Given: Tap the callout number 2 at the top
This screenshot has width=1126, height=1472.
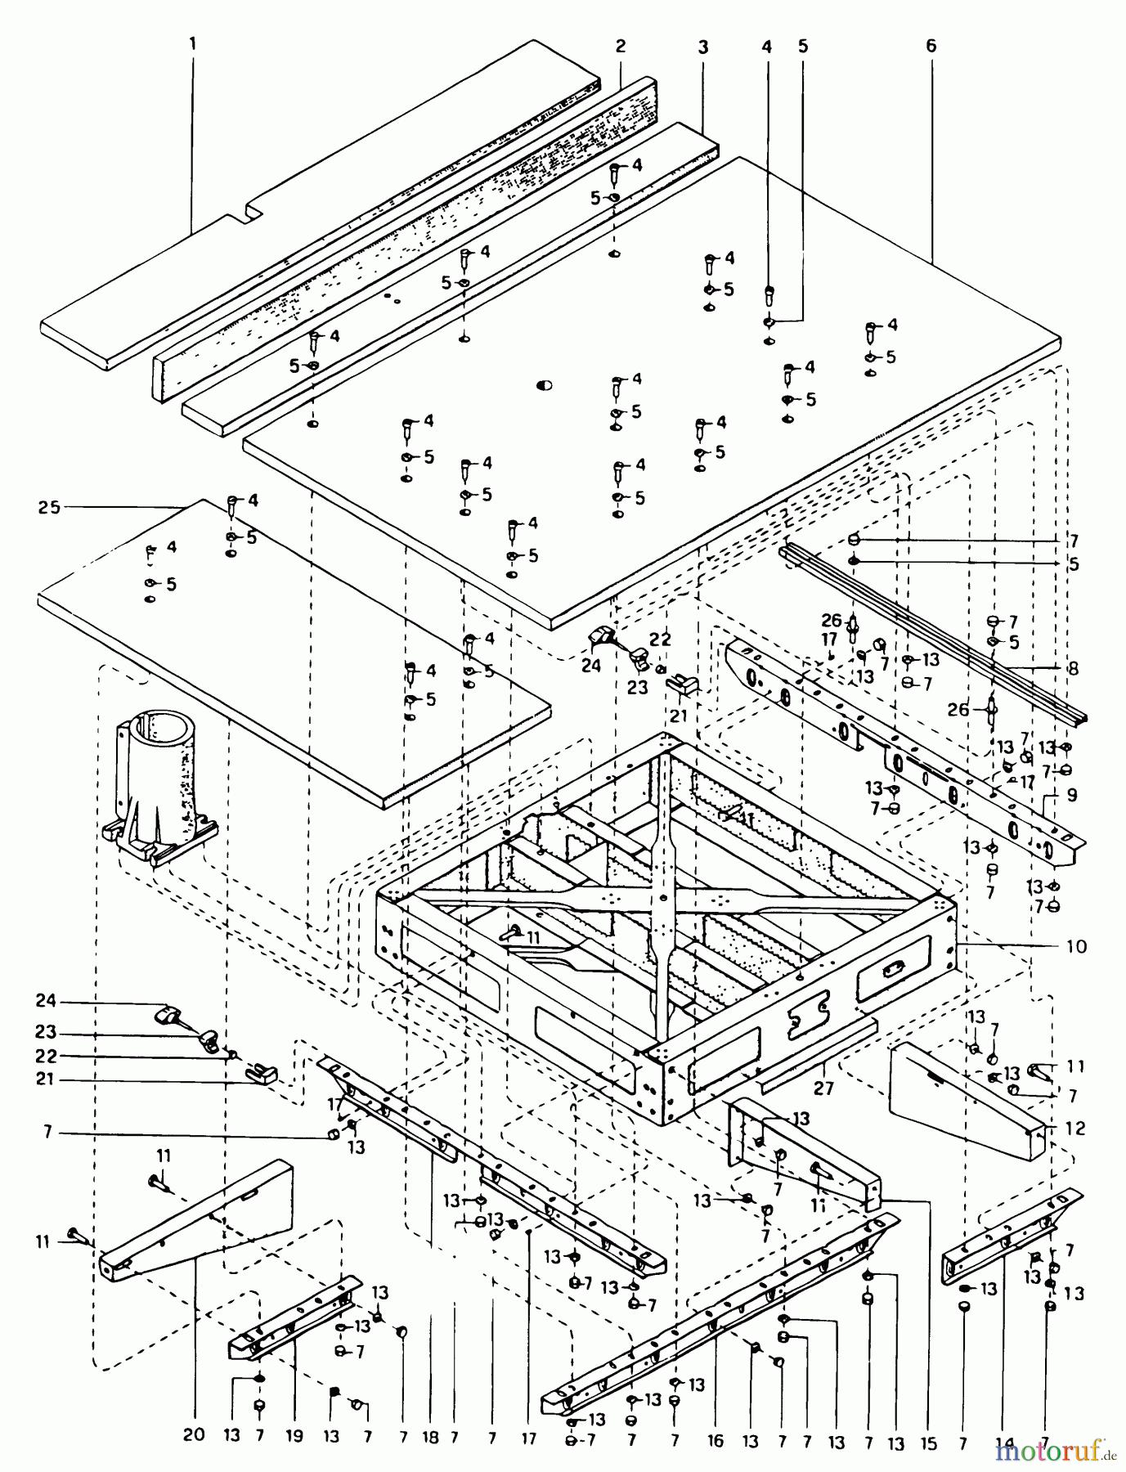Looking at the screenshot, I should (621, 46).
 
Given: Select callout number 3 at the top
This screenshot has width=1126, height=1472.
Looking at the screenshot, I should (702, 47).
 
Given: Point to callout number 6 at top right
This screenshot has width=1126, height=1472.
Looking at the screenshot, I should (931, 46).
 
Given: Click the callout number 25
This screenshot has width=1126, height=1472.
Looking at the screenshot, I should (49, 508).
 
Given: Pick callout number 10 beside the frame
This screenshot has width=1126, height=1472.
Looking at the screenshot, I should (1076, 946).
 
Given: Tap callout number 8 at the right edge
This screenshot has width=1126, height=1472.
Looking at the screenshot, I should (1074, 668).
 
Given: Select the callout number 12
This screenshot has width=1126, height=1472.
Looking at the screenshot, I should (1075, 1129).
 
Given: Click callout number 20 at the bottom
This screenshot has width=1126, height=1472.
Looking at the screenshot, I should (195, 1413).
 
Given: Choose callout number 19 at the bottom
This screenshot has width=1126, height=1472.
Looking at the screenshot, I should (294, 1413).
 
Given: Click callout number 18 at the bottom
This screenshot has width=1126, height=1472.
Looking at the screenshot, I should (431, 1413).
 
